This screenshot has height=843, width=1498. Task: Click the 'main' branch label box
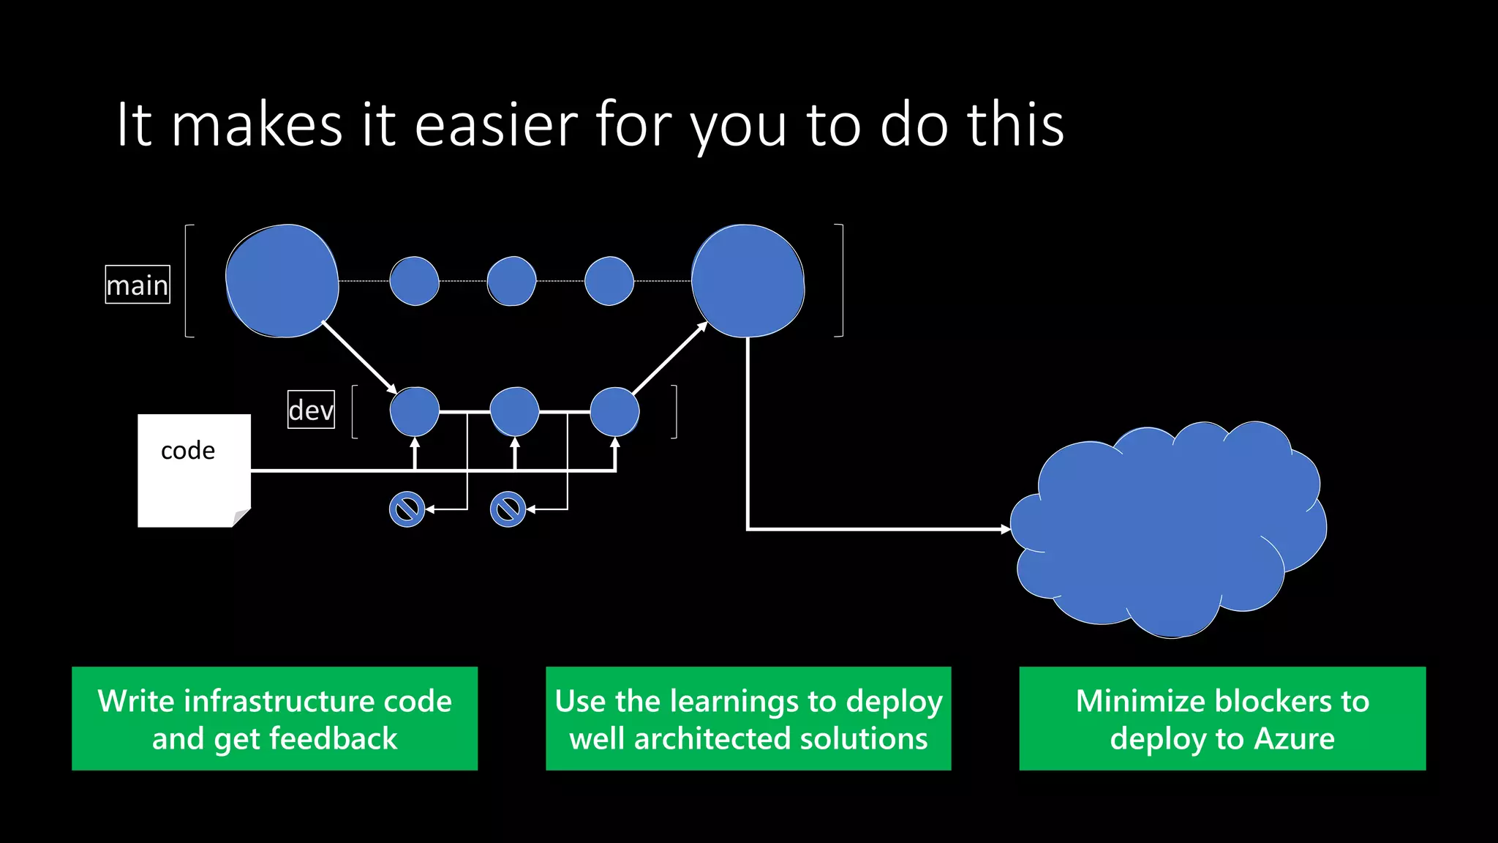(138, 285)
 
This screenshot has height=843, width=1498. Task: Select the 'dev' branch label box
(311, 410)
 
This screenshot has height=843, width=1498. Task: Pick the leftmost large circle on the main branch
(282, 281)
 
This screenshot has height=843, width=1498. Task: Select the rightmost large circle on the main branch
(748, 281)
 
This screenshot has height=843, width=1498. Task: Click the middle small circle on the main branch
(511, 281)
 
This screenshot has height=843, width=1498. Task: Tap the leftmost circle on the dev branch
(415, 412)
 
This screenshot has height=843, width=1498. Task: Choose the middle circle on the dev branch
(514, 412)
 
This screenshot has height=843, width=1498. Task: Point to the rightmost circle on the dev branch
(614, 412)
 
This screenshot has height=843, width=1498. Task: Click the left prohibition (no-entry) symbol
(407, 509)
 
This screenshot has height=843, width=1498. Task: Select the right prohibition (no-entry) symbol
(508, 509)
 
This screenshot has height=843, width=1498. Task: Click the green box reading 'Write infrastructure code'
(274, 719)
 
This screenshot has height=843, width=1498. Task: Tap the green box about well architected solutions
(748, 719)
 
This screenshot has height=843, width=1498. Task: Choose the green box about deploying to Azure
(1222, 719)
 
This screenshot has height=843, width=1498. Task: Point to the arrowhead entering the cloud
(1006, 528)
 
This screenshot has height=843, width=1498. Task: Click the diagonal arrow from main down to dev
(358, 356)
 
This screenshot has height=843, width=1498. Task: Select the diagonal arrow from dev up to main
(669, 359)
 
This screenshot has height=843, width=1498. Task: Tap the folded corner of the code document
(242, 518)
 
